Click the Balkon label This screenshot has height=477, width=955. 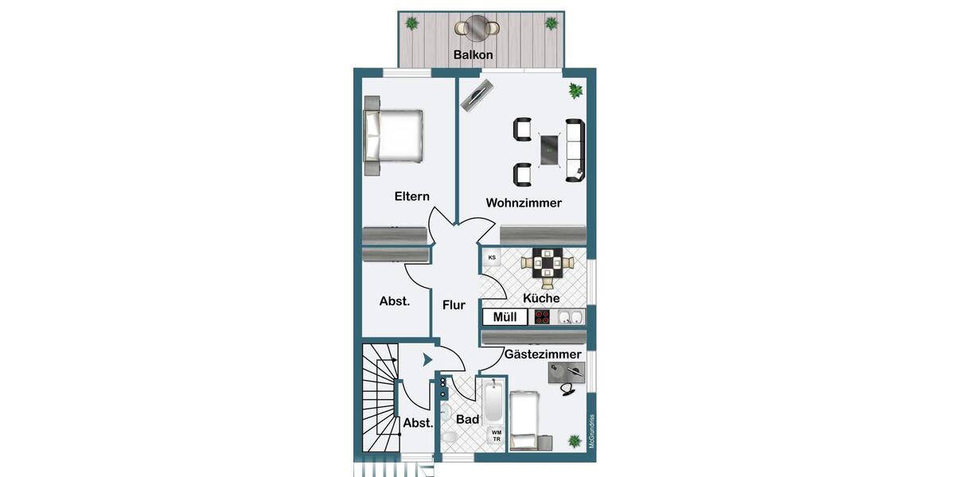[x=474, y=55]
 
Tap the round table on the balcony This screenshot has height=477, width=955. [x=477, y=29]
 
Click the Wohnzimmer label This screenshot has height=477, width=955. [x=524, y=203]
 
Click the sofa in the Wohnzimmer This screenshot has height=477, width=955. [x=575, y=149]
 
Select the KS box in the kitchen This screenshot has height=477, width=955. [x=492, y=258]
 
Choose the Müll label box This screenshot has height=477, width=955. [x=505, y=317]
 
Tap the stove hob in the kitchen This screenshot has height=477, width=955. [x=543, y=317]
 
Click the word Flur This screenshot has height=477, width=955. [x=454, y=305]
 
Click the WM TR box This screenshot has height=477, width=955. [x=497, y=435]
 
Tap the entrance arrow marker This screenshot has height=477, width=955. [x=427, y=360]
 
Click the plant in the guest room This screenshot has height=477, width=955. [x=575, y=440]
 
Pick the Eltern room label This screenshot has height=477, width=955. [x=412, y=196]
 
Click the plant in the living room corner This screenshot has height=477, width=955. [x=575, y=91]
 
